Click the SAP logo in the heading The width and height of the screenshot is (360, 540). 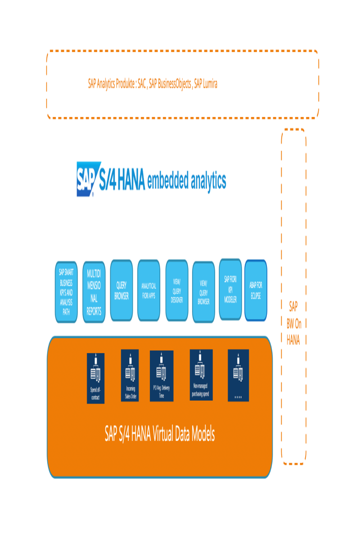point(85,179)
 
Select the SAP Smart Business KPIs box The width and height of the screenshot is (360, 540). point(66,292)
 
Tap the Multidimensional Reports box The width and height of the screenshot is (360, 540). point(94,292)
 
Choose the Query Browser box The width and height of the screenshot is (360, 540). point(121,290)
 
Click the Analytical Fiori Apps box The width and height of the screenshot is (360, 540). point(149,290)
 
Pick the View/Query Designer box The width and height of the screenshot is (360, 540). point(177,290)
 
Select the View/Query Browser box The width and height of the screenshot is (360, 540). point(203,292)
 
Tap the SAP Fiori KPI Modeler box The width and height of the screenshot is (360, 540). point(230,289)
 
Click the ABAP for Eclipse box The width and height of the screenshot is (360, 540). point(256,290)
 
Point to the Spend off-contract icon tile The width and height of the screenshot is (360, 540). point(95,378)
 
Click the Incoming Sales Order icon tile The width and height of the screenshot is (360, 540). point(130,375)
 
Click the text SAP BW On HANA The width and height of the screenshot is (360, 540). point(293,323)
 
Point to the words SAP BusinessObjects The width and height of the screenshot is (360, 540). point(170,84)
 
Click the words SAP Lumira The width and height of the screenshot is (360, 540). point(206,84)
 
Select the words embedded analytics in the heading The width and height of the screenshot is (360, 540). point(187,180)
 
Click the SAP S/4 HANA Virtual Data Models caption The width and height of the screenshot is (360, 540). point(160,434)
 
